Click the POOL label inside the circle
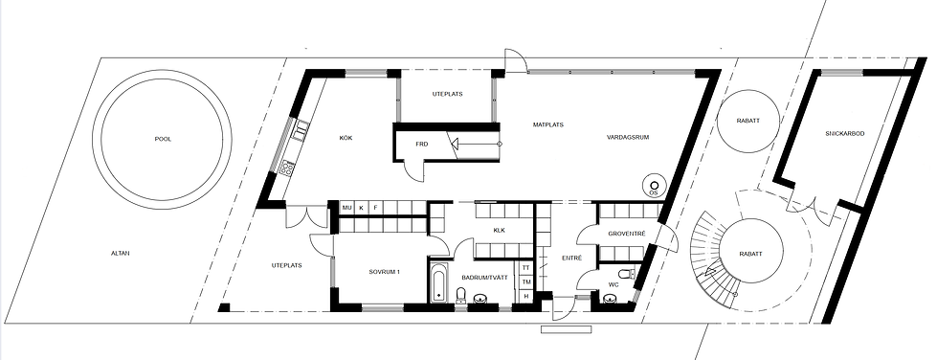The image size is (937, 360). [163, 139]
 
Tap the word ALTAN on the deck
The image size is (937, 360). [120, 253]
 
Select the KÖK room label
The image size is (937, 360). [346, 138]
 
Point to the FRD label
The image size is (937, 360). [422, 145]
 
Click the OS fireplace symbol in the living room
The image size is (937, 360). [654, 186]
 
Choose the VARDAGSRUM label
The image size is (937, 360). [628, 137]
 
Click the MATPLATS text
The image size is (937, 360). [548, 125]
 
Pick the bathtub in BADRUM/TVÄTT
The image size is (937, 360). [438, 281]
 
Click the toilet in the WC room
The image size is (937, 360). [625, 275]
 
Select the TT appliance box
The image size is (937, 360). [526, 268]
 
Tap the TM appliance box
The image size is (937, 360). [526, 281]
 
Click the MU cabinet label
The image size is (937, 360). [346, 208]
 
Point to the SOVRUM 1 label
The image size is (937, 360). [384, 272]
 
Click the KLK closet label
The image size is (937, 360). [500, 230]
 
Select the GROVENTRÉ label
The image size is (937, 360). [626, 234]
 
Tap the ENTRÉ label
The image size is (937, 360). [572, 258]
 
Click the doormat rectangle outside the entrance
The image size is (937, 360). [566, 329]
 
